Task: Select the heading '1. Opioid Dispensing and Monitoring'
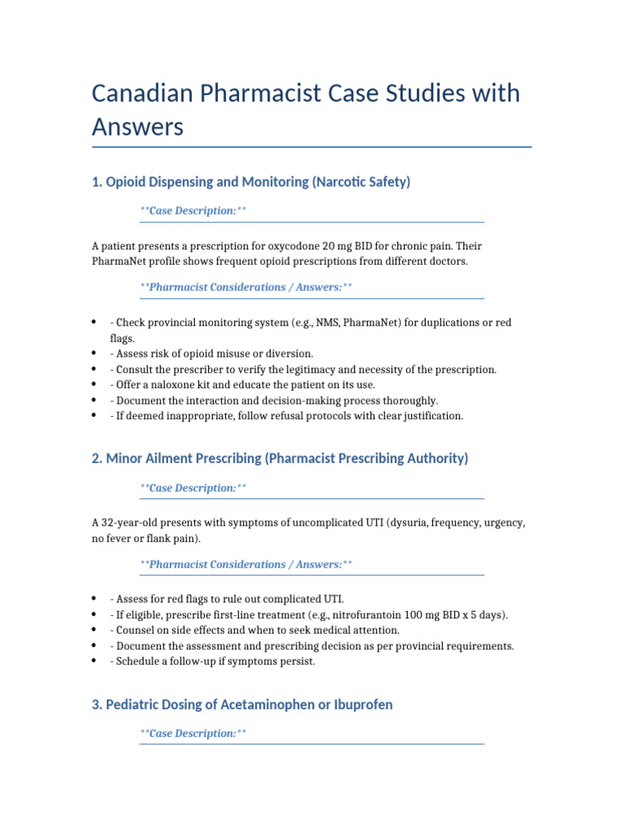(251, 182)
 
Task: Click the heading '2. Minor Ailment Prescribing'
(280, 458)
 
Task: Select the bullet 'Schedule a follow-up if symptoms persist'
(212, 661)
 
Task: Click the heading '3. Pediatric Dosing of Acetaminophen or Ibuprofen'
(242, 704)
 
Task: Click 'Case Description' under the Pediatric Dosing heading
(193, 734)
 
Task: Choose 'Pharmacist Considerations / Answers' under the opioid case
(245, 288)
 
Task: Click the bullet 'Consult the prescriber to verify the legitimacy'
(302, 370)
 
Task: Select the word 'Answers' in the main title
(137, 128)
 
